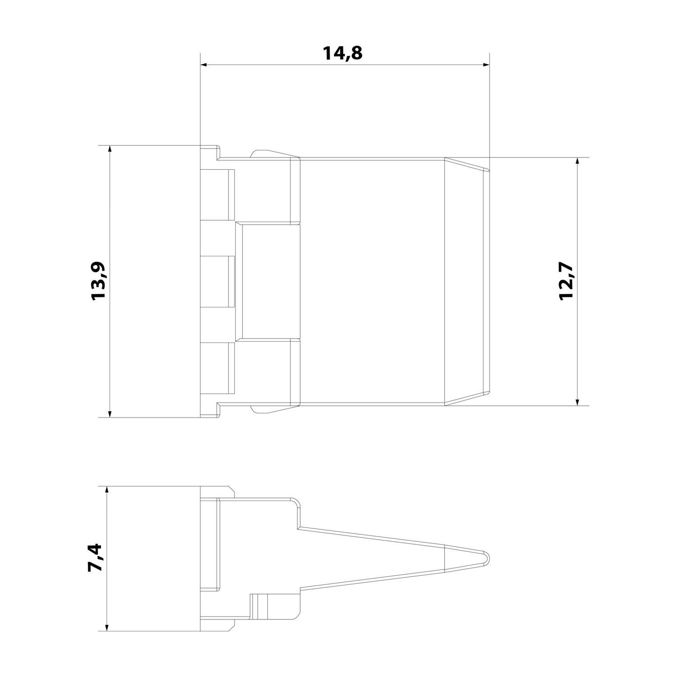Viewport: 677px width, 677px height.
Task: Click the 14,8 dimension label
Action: [x=343, y=53]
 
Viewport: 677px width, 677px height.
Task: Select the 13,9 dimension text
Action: [x=98, y=280]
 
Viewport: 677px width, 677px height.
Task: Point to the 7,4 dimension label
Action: [x=96, y=558]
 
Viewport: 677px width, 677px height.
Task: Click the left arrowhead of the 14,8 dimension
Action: [x=204, y=65]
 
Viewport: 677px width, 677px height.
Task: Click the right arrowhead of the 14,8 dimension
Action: [x=486, y=65]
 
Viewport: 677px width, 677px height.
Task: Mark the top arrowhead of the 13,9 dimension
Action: [x=110, y=149]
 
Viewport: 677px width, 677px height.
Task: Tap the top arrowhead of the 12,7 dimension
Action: [x=577, y=162]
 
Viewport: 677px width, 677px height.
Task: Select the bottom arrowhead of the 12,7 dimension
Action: [x=577, y=402]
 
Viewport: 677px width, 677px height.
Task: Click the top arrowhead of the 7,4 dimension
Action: [x=107, y=490]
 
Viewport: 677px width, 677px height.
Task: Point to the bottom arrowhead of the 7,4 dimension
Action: [x=107, y=627]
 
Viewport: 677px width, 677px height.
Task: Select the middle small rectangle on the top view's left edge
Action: [x=218, y=282]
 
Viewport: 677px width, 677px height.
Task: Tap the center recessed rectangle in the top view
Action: [x=271, y=282]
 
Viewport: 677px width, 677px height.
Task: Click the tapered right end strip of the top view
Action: [x=467, y=282]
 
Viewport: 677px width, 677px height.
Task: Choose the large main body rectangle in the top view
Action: [x=372, y=282]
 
